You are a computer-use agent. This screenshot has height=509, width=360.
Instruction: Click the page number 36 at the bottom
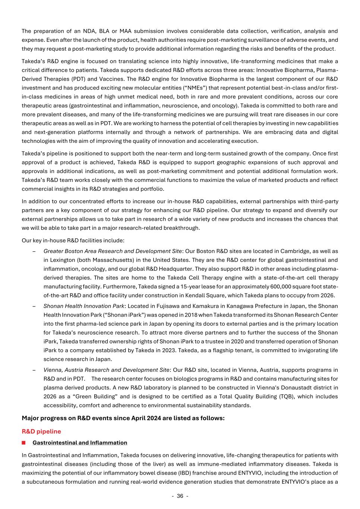[x=180, y=496]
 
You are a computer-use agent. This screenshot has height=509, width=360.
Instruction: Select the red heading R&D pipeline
[x=41, y=431]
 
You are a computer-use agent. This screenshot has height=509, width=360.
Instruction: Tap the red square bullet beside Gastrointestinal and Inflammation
[x=24, y=443]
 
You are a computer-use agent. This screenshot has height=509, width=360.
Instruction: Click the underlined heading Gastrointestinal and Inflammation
[x=80, y=443]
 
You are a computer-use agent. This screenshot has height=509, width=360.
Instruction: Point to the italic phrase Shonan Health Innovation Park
[x=84, y=306]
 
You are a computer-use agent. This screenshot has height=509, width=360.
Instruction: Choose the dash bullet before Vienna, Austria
[x=34, y=370]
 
